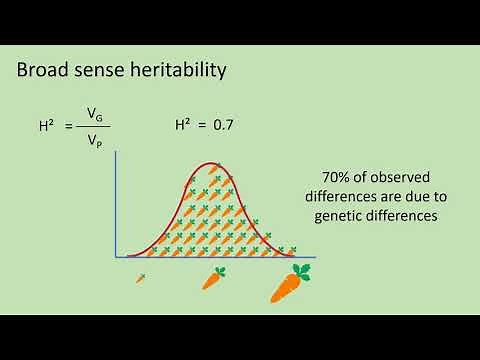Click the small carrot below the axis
point(140,277)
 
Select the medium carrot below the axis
point(213,278)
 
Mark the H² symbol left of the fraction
point(46,128)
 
